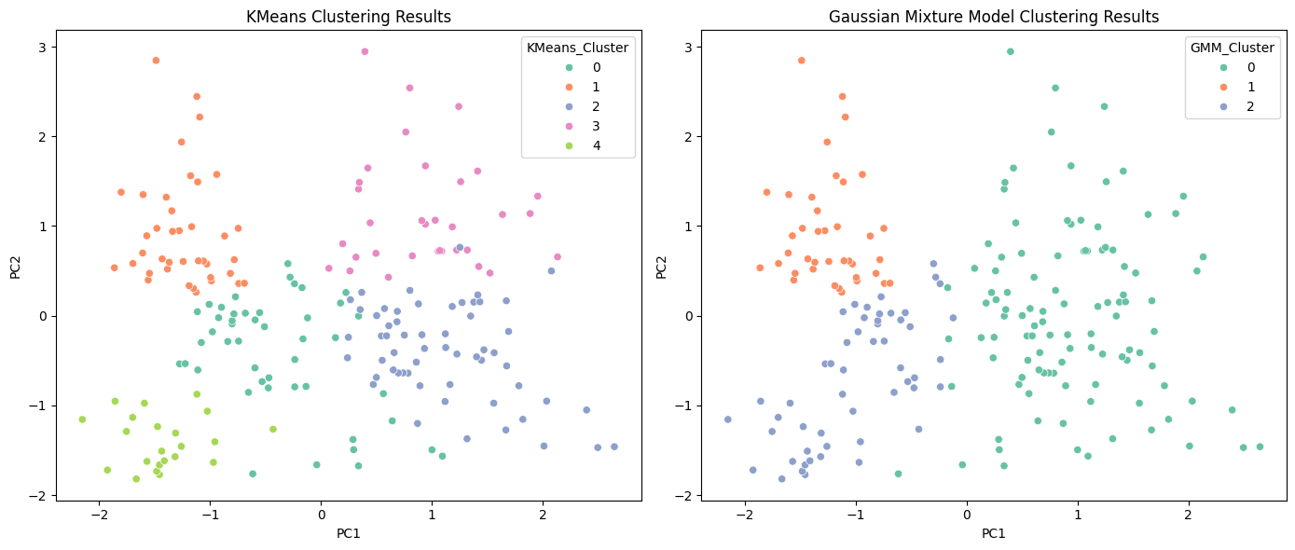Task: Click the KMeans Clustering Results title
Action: click(x=348, y=17)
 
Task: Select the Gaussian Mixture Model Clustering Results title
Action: click(x=993, y=17)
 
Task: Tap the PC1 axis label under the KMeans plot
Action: click(x=348, y=533)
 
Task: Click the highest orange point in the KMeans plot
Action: click(x=156, y=61)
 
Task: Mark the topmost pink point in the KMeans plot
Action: click(x=365, y=51)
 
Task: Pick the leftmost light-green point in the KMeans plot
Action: click(x=82, y=419)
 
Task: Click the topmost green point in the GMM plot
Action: click(x=1010, y=51)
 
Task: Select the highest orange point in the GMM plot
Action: click(x=801, y=61)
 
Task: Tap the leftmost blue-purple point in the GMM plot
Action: click(x=727, y=419)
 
